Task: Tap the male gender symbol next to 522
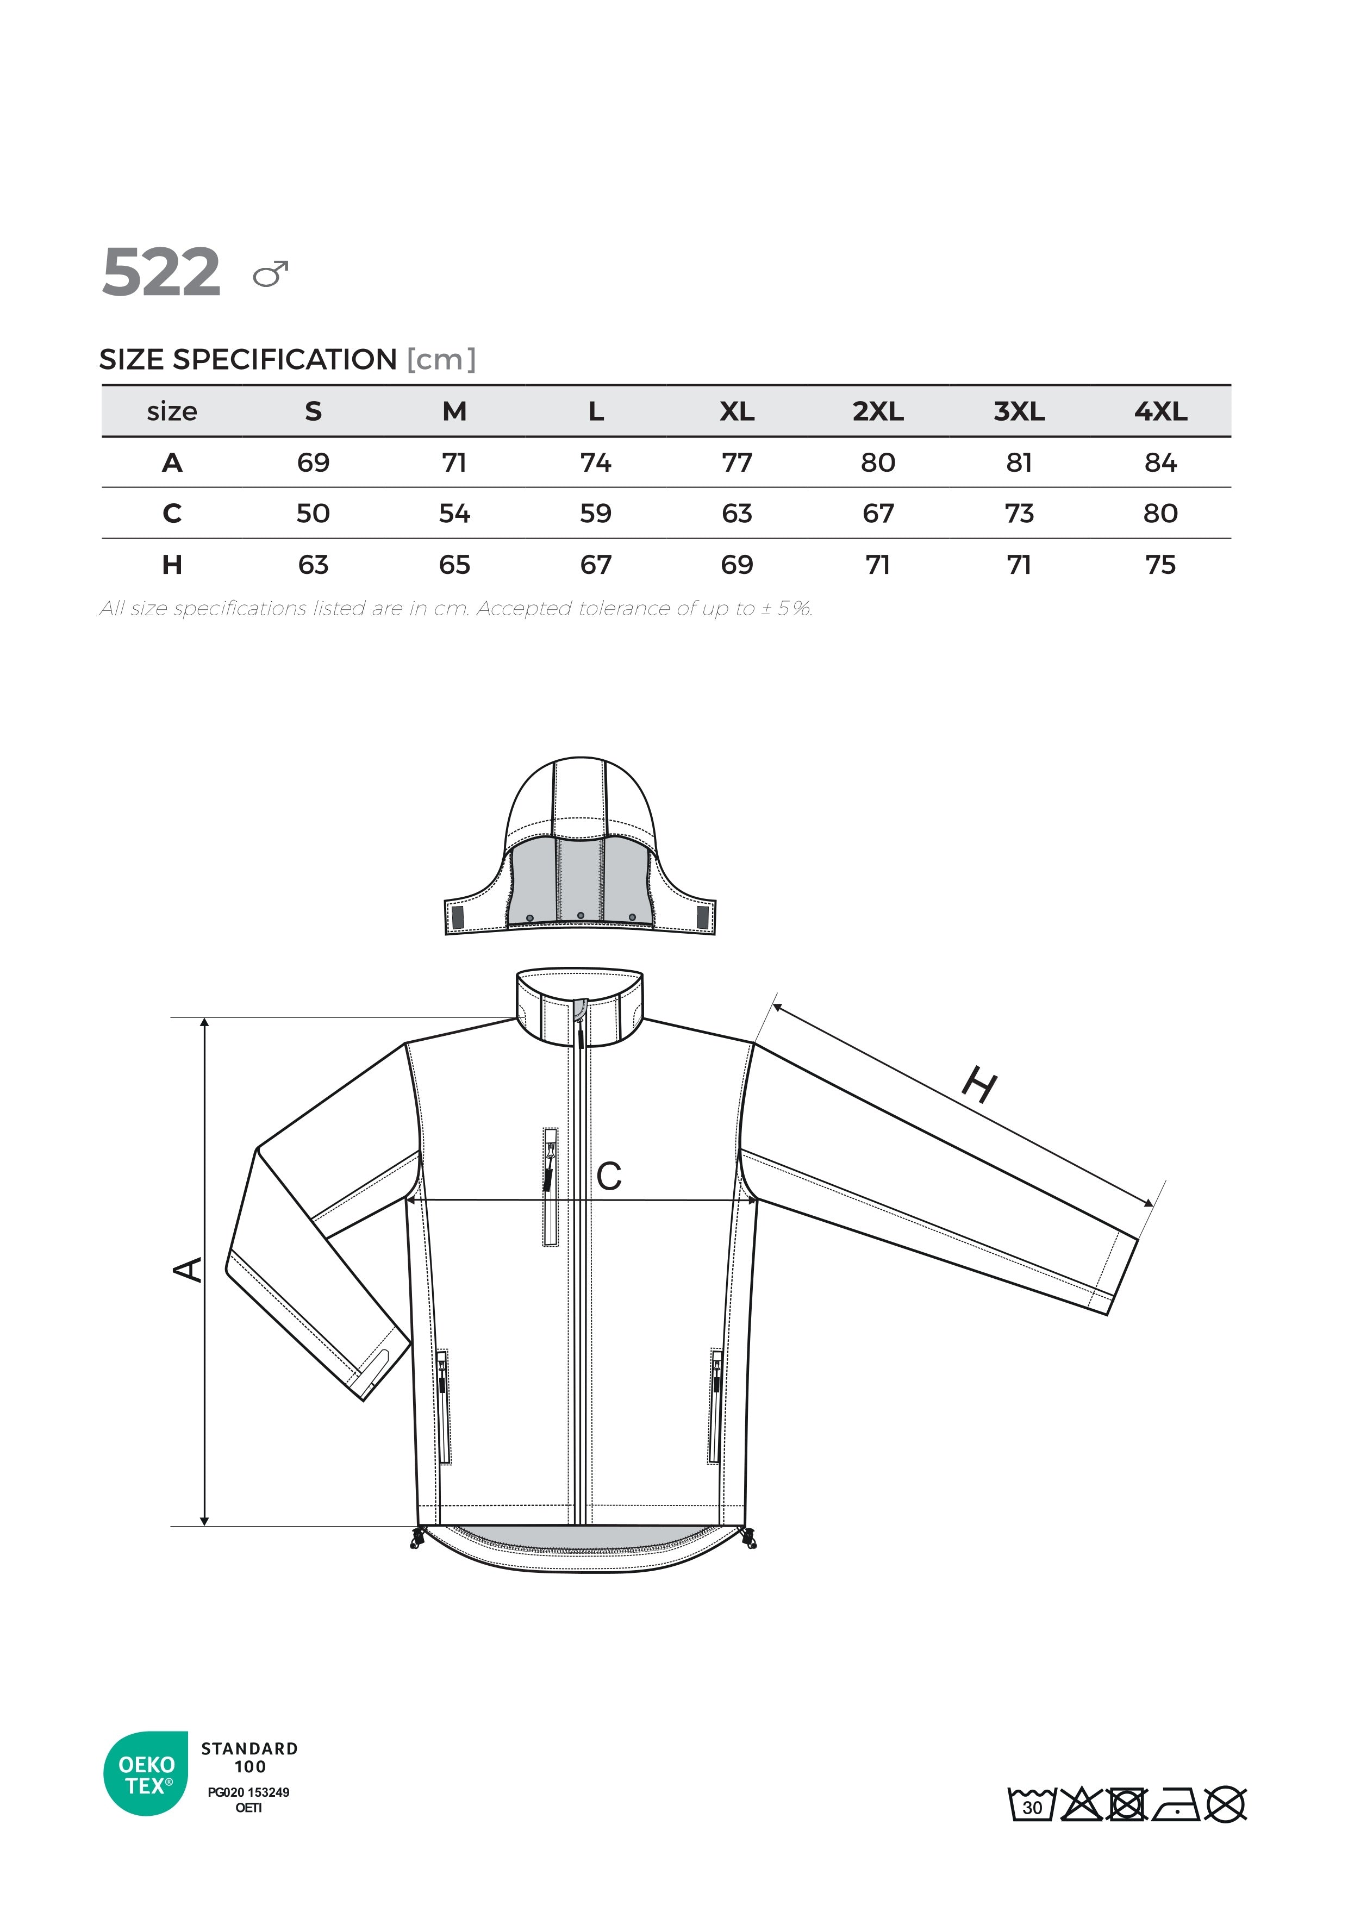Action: tap(271, 273)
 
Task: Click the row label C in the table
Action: tap(172, 513)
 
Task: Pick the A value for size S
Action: tap(313, 463)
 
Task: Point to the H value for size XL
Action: tap(737, 565)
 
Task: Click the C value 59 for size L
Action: tap(595, 513)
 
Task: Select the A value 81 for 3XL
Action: tap(1019, 463)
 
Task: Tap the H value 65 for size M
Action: tap(454, 565)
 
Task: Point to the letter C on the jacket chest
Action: tap(608, 1176)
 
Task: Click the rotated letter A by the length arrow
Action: tap(189, 1269)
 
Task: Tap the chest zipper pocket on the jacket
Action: tap(550, 1186)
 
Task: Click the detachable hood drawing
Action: tap(580, 847)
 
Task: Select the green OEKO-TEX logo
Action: tap(146, 1774)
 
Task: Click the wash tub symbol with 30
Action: tap(1031, 1805)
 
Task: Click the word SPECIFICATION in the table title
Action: tap(285, 359)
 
